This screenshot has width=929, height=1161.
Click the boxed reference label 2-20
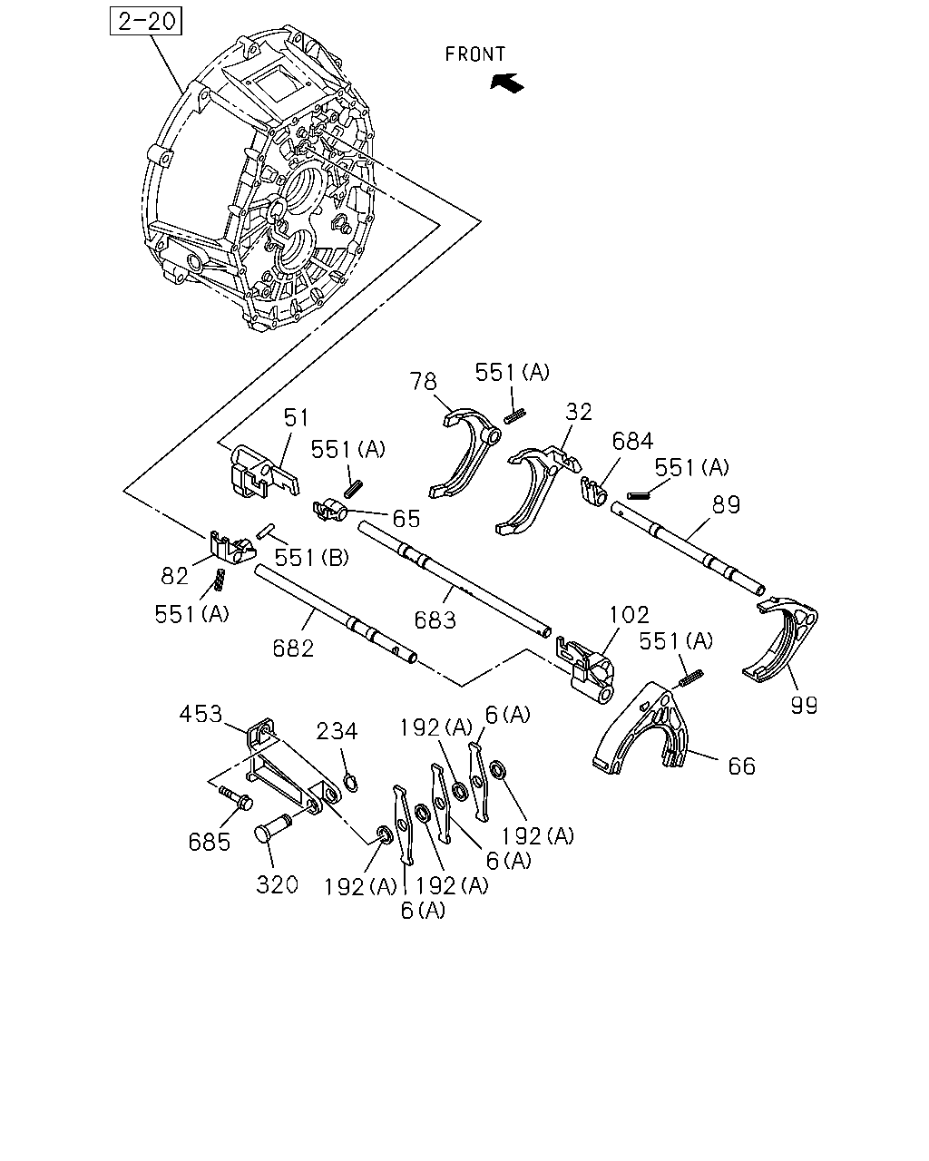[146, 22]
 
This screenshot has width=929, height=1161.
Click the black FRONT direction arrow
[507, 83]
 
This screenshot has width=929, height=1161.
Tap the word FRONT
[475, 54]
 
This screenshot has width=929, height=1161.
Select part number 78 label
[423, 382]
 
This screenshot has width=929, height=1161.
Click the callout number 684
[632, 442]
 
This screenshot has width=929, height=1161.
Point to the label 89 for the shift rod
[726, 505]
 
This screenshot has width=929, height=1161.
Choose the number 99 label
[805, 705]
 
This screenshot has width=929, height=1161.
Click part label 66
[742, 766]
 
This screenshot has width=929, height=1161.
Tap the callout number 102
[629, 615]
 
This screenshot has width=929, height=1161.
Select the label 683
[435, 620]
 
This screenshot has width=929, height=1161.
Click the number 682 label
[293, 649]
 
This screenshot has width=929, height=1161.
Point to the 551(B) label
[311, 557]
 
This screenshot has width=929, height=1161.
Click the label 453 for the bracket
[200, 715]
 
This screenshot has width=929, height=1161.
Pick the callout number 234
[337, 732]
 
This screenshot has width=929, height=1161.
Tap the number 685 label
[210, 842]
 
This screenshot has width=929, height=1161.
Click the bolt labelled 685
[236, 798]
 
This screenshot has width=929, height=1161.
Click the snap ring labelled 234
[350, 783]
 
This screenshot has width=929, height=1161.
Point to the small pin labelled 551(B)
[266, 531]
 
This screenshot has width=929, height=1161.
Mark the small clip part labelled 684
[594, 492]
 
